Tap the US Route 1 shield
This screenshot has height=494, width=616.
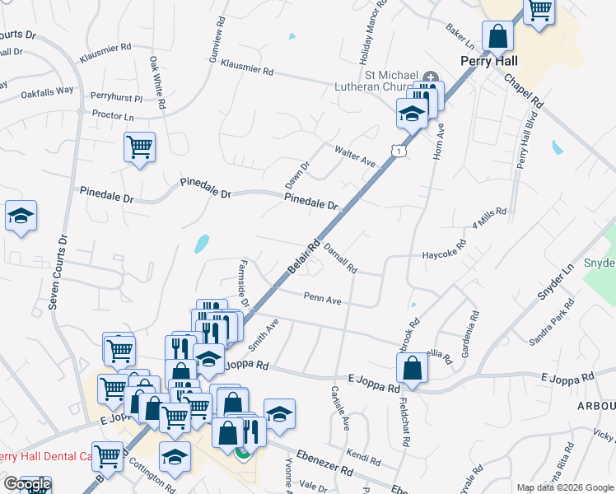399,151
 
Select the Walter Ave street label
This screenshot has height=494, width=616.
354,156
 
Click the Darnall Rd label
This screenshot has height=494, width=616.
340,258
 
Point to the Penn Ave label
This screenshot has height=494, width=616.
322,300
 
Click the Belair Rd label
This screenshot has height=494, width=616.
303,259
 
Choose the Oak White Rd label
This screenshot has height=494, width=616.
156,82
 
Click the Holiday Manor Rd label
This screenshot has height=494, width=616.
371,33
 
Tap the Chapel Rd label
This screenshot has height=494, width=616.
525,91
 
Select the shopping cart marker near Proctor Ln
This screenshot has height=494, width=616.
139,147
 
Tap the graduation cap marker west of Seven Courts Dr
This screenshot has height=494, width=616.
21,217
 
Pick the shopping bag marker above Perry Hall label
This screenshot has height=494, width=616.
497,36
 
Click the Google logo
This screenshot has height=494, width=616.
27,484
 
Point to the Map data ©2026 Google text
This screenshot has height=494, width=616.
565,487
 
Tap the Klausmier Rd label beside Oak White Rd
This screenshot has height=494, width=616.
106,57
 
